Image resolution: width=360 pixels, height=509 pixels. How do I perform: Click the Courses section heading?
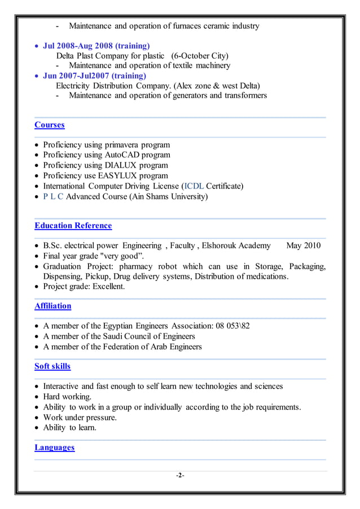(50, 125)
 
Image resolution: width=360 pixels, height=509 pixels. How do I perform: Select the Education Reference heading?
(73, 226)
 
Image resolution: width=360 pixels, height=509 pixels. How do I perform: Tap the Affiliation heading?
(53, 306)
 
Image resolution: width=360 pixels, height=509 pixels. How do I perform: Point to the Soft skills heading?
(52, 366)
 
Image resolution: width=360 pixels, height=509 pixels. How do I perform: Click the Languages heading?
(55, 447)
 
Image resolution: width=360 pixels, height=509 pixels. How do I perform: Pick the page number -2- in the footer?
(180, 476)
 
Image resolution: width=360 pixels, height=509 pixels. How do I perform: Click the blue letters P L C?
(54, 196)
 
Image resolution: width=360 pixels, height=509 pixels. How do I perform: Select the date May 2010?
(304, 245)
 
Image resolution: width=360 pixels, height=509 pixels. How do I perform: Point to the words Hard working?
(67, 397)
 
